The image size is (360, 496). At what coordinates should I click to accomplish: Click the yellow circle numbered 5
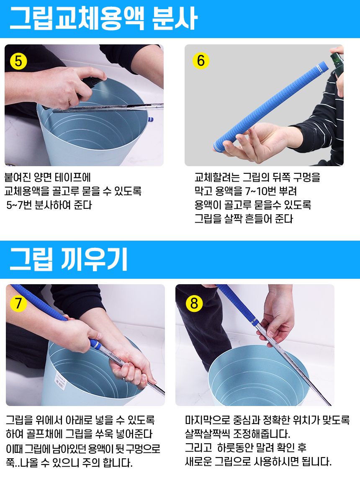(x=18, y=61)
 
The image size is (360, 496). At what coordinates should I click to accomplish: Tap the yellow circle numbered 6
(x=201, y=61)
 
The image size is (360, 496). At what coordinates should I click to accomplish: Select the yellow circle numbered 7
(x=18, y=303)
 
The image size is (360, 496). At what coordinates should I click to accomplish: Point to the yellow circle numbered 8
(x=194, y=303)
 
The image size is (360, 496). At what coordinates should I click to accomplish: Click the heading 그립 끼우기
(x=69, y=259)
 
